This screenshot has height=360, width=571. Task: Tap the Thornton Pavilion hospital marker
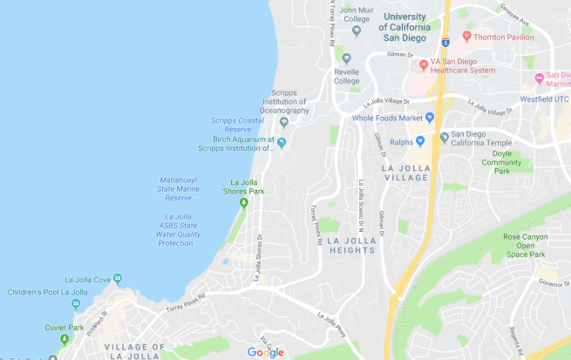pos(467,37)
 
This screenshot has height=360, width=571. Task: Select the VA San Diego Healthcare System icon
pos(424,65)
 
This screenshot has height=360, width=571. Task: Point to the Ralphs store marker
pos(420,139)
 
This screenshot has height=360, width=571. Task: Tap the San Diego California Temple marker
pos(445,137)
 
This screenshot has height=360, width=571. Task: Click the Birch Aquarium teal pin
pos(282,143)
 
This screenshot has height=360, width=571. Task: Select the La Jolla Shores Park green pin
pos(244,202)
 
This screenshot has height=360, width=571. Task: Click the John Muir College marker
pos(357,31)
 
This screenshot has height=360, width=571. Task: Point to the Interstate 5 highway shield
pos(445,41)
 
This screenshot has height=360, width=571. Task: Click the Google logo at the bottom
pos(265,351)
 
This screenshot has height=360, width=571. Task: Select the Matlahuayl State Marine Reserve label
pos(177,188)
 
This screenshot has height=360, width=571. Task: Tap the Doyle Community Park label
pos(501,161)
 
